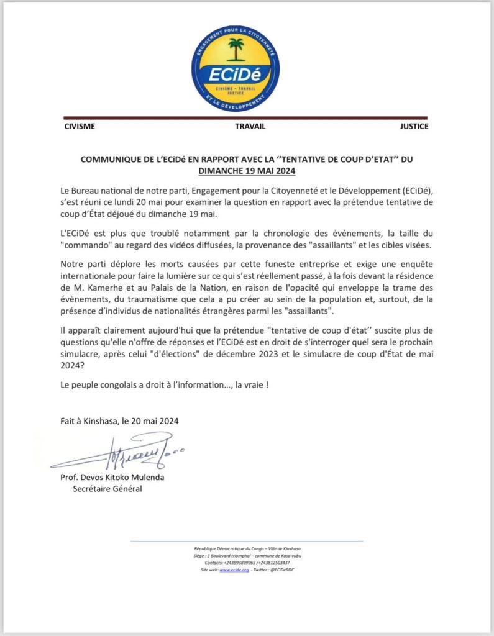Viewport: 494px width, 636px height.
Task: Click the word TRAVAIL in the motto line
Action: (x=250, y=127)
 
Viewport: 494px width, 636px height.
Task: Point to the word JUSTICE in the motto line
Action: (x=414, y=127)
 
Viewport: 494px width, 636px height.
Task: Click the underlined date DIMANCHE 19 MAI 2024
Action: (x=247, y=170)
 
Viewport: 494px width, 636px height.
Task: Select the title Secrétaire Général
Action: (x=108, y=489)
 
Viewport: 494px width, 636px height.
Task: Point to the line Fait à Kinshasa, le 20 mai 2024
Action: (x=119, y=420)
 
